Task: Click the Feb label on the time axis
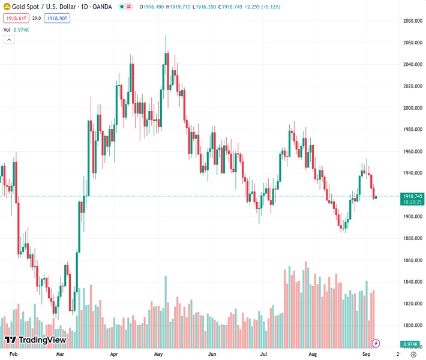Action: pyautogui.click(x=14, y=355)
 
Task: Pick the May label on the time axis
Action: pyautogui.click(x=159, y=355)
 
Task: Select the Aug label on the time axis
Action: pyautogui.click(x=312, y=355)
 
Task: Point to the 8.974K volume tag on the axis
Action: pyautogui.click(x=410, y=344)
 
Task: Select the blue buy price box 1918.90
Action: pyautogui.click(x=57, y=19)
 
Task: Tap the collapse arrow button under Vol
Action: pyautogui.click(x=9, y=40)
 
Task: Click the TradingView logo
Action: pyautogui.click(x=35, y=340)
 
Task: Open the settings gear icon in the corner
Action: pyautogui.click(x=413, y=355)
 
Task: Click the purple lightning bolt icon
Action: pyautogui.click(x=376, y=343)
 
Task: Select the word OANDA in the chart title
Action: pyautogui.click(x=101, y=7)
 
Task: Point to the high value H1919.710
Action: pyautogui.click(x=179, y=7)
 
